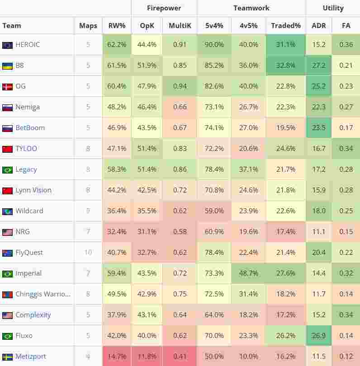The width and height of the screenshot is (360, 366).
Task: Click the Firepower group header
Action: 164,8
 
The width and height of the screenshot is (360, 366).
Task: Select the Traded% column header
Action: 286,26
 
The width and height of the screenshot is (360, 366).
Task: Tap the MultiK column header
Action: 180,26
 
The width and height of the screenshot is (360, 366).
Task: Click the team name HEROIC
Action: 28,45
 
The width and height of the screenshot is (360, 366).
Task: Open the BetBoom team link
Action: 30,128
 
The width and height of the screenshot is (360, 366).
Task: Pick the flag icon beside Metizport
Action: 7,357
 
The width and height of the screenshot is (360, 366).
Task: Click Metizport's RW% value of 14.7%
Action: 117,357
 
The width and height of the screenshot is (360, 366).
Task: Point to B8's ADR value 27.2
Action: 318,66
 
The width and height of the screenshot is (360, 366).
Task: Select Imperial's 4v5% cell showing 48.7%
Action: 248,273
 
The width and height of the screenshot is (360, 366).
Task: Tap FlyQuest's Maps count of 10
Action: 88,253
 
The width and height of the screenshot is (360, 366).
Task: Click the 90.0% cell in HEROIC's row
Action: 214,45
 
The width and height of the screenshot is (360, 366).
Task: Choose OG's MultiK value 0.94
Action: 180,86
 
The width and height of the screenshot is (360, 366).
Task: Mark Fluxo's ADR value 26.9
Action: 318,336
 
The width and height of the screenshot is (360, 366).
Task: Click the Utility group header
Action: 333,8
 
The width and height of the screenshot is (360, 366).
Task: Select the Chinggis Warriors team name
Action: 43,294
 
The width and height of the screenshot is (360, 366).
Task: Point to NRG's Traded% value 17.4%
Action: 286,232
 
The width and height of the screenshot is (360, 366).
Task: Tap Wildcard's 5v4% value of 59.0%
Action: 214,211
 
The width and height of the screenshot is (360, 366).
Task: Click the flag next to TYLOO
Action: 7,149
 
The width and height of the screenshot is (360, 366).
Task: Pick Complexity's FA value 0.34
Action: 346,315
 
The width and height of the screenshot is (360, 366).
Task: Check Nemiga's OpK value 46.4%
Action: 147,107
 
